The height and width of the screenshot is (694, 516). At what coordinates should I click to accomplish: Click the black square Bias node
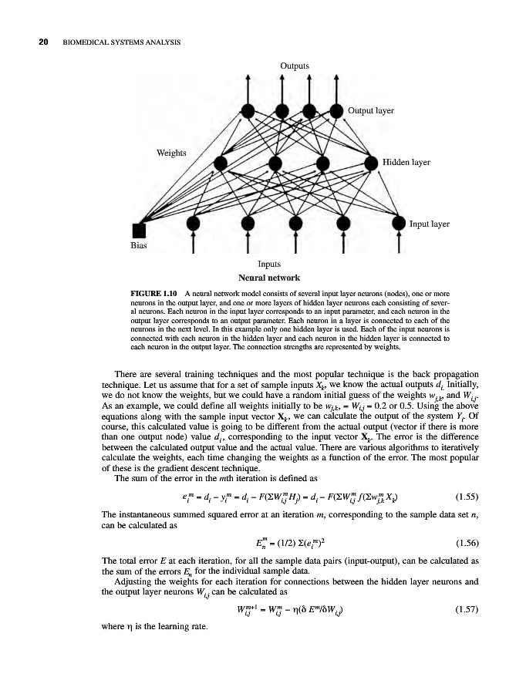click(139, 229)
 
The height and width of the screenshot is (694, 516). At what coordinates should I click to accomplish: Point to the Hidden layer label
click(406, 163)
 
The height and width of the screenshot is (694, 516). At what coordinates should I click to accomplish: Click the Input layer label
click(430, 224)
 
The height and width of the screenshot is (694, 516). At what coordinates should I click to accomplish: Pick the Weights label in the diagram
click(172, 151)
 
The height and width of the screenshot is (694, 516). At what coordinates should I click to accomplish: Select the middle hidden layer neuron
click(276, 163)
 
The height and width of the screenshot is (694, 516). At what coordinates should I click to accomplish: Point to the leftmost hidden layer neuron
click(221, 163)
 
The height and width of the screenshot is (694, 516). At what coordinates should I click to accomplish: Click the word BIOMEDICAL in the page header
click(87, 42)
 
